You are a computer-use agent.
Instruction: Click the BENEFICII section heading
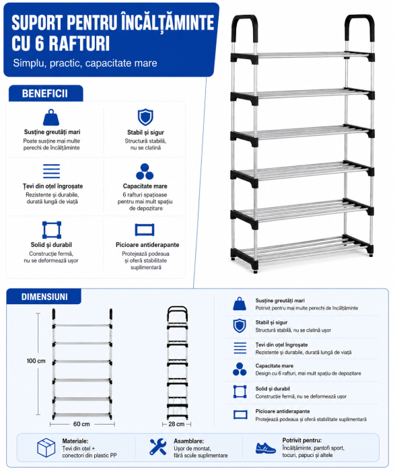point(45,94)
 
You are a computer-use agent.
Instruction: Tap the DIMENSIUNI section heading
point(44,297)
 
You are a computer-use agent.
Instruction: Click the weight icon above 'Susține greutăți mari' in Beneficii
point(51,117)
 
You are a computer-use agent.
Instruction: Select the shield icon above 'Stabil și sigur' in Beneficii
point(145,117)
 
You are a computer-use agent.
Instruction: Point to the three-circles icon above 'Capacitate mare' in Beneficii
point(145,172)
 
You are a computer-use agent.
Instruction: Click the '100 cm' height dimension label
point(36,361)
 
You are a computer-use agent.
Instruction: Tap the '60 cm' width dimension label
point(81,424)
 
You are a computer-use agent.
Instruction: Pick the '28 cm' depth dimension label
point(176,424)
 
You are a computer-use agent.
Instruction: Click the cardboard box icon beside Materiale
point(46,447)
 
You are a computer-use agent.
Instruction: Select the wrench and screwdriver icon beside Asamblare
point(158,447)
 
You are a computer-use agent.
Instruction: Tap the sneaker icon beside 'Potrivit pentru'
point(266,447)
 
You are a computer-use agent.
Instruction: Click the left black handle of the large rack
point(246,28)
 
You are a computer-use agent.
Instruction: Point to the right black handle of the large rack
point(359,28)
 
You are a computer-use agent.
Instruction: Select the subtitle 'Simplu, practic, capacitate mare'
point(85,63)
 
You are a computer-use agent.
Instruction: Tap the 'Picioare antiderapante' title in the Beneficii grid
point(147,245)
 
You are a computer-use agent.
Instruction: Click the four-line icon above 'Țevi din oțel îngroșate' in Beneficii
point(51,171)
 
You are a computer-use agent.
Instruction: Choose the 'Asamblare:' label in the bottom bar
point(188,441)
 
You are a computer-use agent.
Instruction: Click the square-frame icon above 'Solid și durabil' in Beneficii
point(52,230)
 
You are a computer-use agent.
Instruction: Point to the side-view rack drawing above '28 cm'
point(178,363)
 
